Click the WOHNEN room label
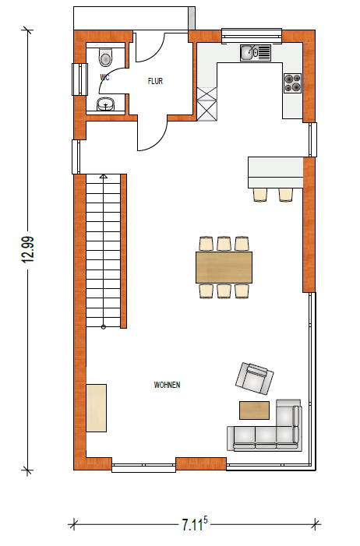tap(167, 385)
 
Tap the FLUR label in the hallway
tap(155, 81)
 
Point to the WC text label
tap(104, 77)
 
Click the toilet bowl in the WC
tap(106, 56)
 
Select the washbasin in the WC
tap(106, 104)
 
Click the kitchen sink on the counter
tap(255, 53)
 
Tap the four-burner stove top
tap(292, 83)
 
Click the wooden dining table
tap(224, 267)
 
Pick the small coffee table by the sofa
tap(254, 410)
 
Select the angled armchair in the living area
tap(254, 379)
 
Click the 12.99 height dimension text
tap(28, 249)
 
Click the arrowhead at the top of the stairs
tap(104, 176)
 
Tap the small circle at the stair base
tap(104, 326)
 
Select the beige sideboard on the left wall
tap(96, 408)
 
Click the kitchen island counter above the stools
tap(275, 172)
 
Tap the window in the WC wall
tap(79, 79)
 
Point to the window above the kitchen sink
tap(252, 36)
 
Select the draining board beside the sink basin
tap(264, 53)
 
